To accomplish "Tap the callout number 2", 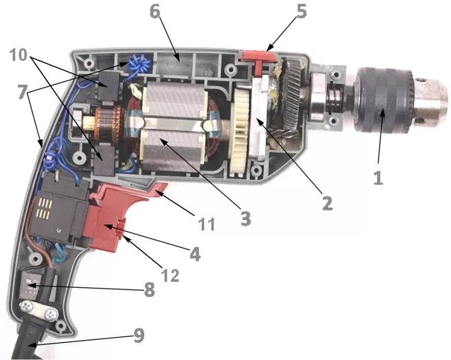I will click(327, 203).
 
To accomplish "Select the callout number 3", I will click(245, 218).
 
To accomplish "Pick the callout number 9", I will click(139, 336).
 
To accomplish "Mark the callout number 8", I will click(148, 290).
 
